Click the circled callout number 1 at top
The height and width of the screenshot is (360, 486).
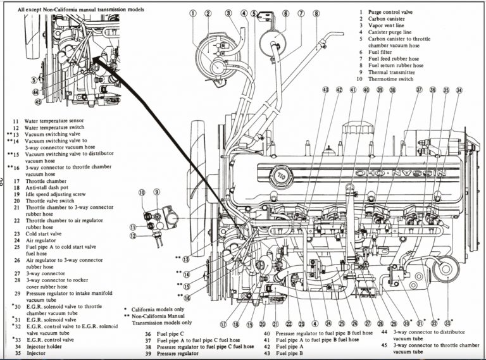point(190,13)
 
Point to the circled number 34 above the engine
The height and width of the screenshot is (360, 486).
point(459,90)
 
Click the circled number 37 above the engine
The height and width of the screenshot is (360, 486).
point(418,90)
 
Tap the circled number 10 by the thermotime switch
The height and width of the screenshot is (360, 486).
point(142,192)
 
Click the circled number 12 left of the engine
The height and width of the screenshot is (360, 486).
point(134,236)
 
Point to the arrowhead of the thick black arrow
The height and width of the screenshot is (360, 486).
point(97,59)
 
